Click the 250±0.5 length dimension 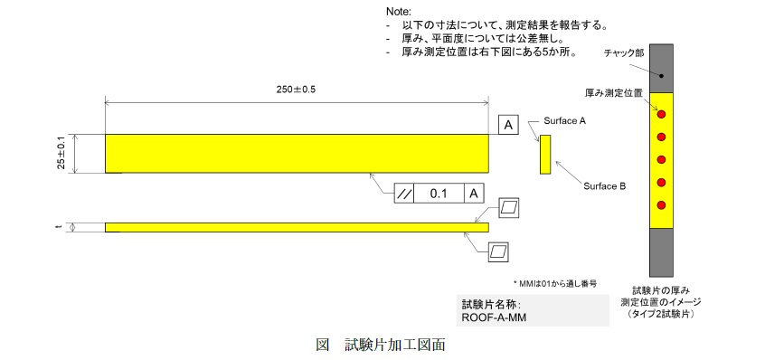(296, 90)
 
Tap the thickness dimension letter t (60, 227)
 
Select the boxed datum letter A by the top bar (508, 125)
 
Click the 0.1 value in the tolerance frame (439, 193)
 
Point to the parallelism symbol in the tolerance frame (405, 193)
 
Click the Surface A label (564, 119)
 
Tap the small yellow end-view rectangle (545, 154)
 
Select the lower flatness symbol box (497, 251)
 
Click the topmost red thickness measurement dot (661, 114)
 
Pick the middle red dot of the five (661, 159)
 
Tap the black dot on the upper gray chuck (662, 75)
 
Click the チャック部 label (624, 54)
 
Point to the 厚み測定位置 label (613, 92)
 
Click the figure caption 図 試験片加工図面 (381, 344)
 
